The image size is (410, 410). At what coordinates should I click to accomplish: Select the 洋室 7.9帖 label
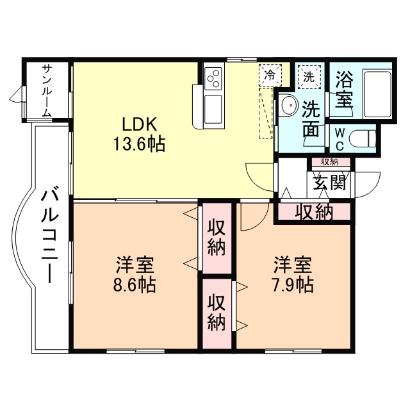(x=294, y=274)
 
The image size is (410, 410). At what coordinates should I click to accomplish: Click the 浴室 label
(x=344, y=90)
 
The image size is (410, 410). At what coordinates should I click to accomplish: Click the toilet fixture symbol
(x=363, y=138)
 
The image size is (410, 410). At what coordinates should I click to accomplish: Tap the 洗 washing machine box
(x=309, y=76)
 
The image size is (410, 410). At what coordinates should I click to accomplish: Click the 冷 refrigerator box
(x=270, y=74)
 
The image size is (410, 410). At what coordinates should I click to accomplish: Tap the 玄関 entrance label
(x=330, y=183)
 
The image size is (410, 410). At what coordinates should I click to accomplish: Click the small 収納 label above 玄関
(x=330, y=161)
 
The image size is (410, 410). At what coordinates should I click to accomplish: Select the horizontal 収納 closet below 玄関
(x=314, y=212)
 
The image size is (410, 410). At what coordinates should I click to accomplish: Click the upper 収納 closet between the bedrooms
(x=217, y=238)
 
